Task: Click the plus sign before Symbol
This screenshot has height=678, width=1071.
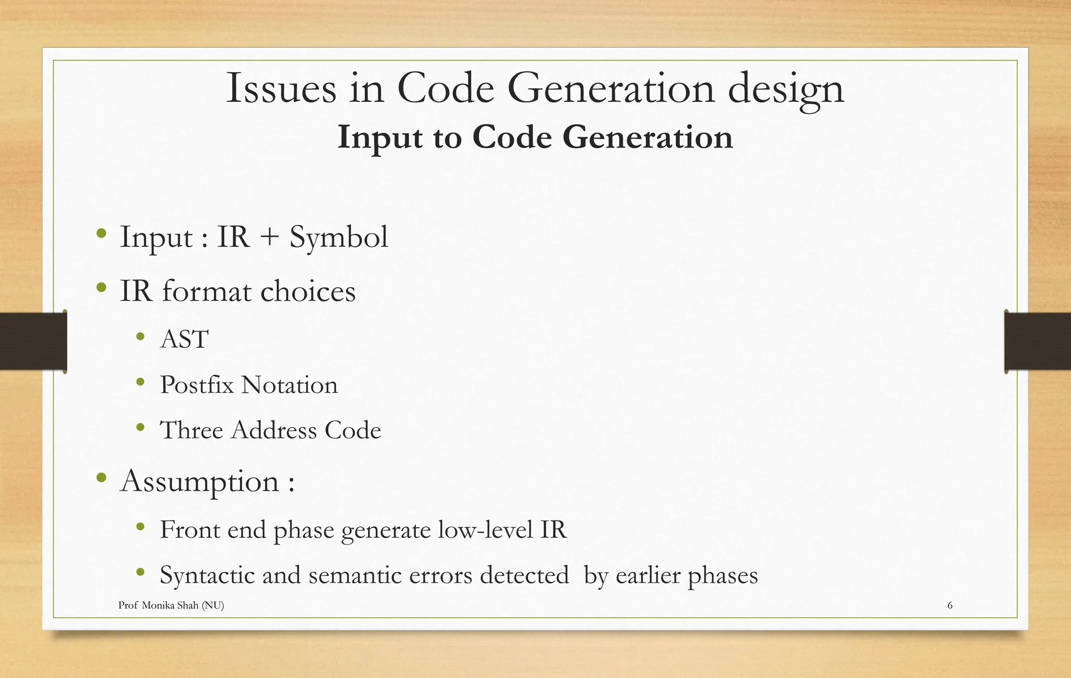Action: (x=269, y=236)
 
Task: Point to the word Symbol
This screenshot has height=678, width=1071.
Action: (x=339, y=238)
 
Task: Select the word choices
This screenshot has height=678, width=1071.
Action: (x=308, y=291)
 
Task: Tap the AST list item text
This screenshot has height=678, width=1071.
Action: (x=184, y=339)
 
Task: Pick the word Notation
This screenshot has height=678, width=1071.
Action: (x=289, y=385)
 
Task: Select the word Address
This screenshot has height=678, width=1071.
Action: (x=274, y=430)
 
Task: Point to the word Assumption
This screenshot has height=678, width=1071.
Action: (x=200, y=481)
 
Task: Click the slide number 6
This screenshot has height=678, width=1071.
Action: (x=950, y=605)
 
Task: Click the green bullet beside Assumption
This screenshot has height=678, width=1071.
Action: (x=101, y=477)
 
